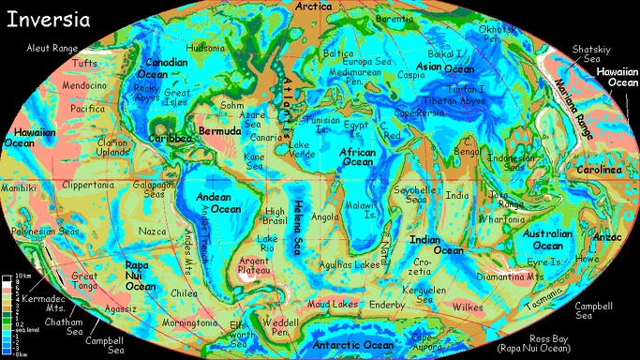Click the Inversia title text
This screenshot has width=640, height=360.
tap(48, 19)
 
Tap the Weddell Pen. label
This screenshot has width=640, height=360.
tap(279, 328)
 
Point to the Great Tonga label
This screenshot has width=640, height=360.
tap(85, 281)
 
